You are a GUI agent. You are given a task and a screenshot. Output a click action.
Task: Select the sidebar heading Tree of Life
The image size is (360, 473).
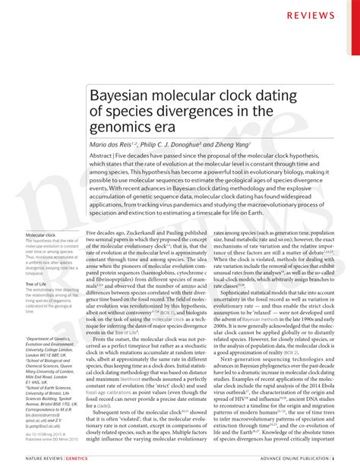pyautogui.click(x=36, y=283)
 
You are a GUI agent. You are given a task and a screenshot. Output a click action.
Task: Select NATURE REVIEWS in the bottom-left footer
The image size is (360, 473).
pyautogui.click(x=45, y=459)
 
